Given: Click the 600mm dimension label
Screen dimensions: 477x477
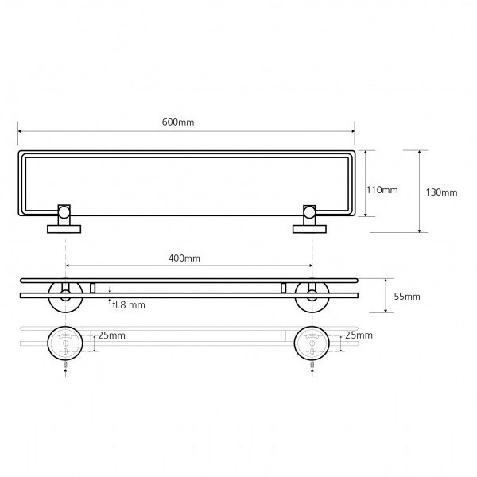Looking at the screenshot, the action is tap(178, 122).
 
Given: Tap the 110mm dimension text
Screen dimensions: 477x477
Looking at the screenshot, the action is tap(382, 190).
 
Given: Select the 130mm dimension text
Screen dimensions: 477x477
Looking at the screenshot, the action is tap(441, 192).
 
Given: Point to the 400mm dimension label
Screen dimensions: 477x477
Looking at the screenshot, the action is tap(184, 258).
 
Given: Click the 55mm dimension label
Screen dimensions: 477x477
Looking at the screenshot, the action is tap(407, 297).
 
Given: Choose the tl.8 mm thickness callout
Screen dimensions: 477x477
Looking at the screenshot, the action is tap(129, 304).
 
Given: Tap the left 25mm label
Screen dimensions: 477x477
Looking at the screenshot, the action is tap(111, 335).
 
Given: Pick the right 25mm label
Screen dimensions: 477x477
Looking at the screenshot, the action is tap(359, 335).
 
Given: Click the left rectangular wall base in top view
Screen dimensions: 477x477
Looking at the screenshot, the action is tap(64, 229).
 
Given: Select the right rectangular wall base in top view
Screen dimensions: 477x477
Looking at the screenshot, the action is tap(309, 229).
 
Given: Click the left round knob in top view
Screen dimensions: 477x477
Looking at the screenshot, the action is tap(64, 212).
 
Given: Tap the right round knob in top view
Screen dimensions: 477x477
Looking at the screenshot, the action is tap(309, 212).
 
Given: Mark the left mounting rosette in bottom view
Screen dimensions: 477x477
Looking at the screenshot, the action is tap(65, 343).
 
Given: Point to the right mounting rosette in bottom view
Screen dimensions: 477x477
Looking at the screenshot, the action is tap(312, 343).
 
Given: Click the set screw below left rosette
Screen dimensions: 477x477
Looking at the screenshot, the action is tap(65, 365).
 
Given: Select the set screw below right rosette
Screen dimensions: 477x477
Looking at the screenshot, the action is tap(312, 365).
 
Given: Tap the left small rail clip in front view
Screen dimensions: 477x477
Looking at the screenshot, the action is tap(93, 288).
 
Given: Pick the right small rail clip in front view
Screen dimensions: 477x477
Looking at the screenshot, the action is tap(283, 288).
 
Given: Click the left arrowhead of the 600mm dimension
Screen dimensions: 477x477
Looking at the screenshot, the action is tap(20, 131).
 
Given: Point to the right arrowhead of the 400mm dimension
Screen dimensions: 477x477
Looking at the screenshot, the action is tap(311, 266).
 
